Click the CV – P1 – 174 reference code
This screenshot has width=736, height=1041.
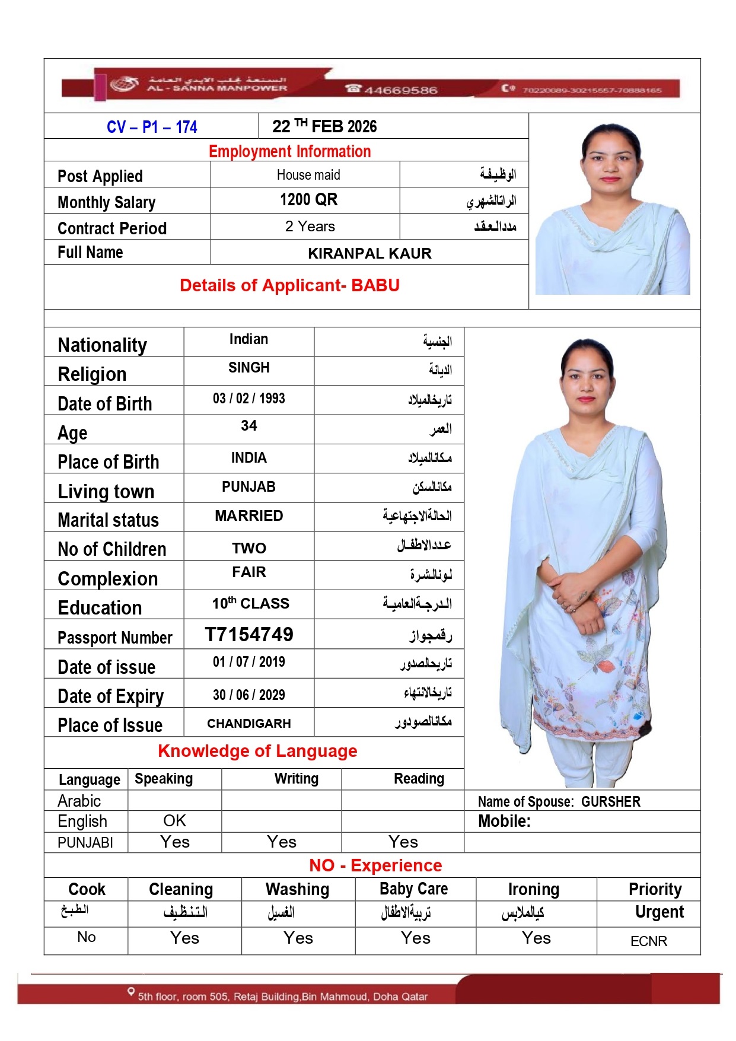pos(152,127)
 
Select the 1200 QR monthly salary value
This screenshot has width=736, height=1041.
pos(308,200)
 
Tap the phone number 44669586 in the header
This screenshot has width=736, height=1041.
pos(400,90)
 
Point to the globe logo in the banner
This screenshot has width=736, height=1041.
pos(124,84)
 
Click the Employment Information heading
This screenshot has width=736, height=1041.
pos(289,152)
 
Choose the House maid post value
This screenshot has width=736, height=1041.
pos(308,175)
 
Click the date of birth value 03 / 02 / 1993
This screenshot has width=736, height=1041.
pos(249,399)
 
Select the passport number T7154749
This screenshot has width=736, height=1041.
pos(249,635)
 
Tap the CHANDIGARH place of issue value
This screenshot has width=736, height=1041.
pos(249,724)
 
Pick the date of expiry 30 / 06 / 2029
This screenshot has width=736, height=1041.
pos(249,695)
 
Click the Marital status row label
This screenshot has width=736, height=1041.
pos(109,520)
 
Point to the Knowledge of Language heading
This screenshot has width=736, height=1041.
pos(257,752)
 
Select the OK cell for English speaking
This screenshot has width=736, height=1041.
pos(174,821)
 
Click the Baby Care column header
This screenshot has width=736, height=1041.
pos(414,889)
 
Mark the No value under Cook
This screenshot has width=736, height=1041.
pos(87,937)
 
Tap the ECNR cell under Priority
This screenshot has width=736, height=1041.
pos(649,941)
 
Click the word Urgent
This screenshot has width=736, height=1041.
pos(659,912)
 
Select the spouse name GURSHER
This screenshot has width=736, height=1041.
pos(611,802)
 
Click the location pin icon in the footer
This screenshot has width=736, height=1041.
pos(131,991)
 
